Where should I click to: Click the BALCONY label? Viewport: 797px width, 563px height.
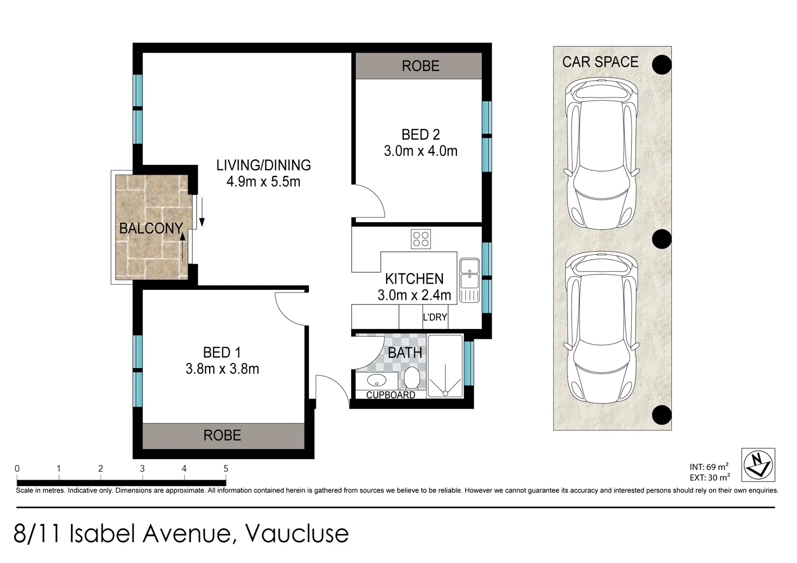151,228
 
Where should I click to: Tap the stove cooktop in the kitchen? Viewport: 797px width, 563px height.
420,239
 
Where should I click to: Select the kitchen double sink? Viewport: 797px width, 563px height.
469,280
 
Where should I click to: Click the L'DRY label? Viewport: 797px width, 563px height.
434,317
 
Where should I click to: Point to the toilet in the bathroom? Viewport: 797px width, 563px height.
412,378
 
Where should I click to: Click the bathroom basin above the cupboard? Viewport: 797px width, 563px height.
375,380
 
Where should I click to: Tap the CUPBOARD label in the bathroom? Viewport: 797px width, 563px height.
390,395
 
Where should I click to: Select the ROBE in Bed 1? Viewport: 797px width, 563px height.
223,435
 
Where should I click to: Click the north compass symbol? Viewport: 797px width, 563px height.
758,464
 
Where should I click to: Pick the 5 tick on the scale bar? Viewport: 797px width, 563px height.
226,469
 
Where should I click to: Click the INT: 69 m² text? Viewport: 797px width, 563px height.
709,467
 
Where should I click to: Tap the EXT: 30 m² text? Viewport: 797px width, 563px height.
709,478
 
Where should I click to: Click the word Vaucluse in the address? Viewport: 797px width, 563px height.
296,533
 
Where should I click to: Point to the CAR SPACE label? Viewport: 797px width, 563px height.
600,62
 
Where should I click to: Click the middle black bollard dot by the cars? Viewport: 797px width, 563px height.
661,239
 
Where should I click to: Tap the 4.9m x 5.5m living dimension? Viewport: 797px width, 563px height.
263,182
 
